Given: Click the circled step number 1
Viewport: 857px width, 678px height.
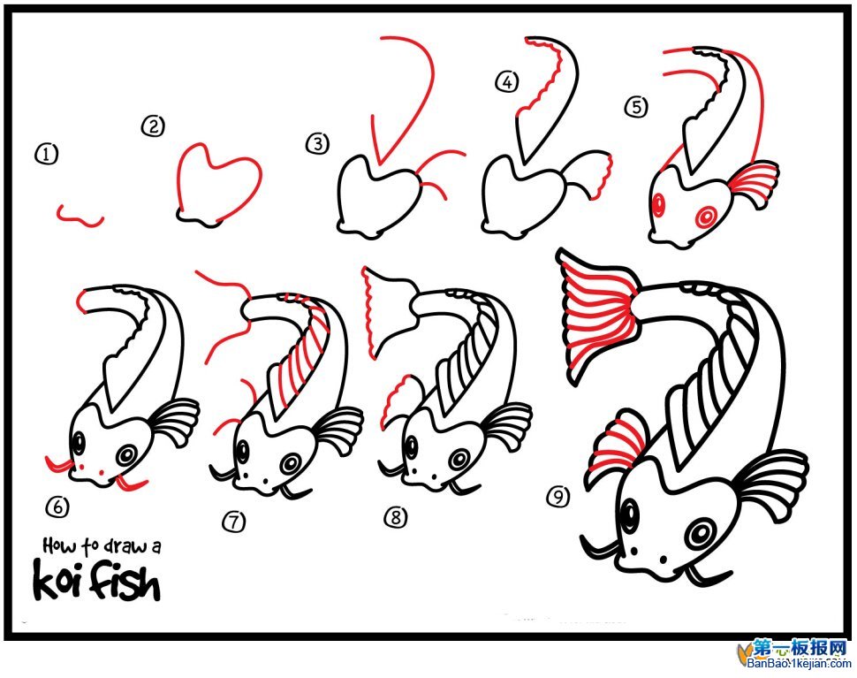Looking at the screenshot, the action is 46,154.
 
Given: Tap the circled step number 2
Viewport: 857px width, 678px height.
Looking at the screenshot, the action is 153,127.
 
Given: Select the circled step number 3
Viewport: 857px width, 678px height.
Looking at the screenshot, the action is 317,144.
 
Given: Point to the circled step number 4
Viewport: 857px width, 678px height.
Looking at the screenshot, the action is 507,82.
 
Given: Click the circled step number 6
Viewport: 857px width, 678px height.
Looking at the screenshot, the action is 57,507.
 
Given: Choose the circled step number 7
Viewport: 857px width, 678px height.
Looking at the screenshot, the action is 234,522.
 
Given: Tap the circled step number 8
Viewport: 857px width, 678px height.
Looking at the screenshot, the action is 396,516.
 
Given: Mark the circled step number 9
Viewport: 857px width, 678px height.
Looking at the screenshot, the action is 558,497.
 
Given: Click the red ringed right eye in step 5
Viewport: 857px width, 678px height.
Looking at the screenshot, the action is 705,217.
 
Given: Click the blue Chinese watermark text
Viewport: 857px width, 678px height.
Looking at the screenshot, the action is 800,649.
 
